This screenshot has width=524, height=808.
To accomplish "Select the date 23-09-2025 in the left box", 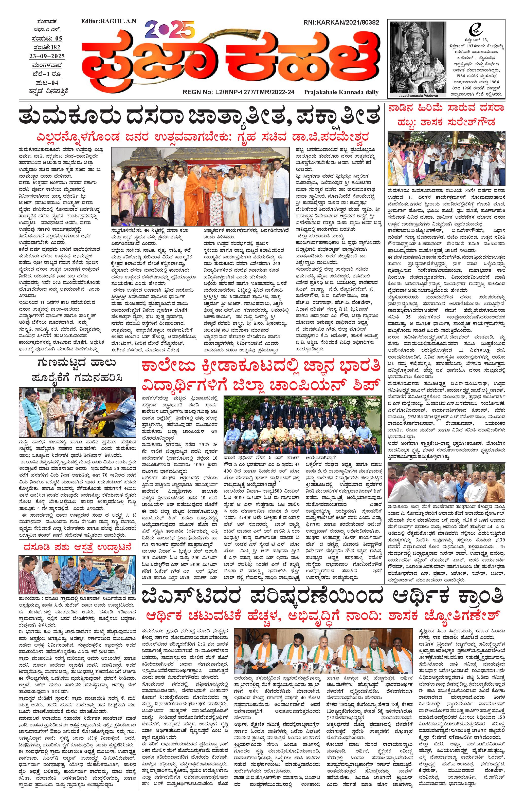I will [47, 56].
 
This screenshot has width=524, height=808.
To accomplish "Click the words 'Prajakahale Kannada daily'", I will [341, 92].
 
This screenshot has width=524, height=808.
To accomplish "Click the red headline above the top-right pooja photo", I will [446, 116].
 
